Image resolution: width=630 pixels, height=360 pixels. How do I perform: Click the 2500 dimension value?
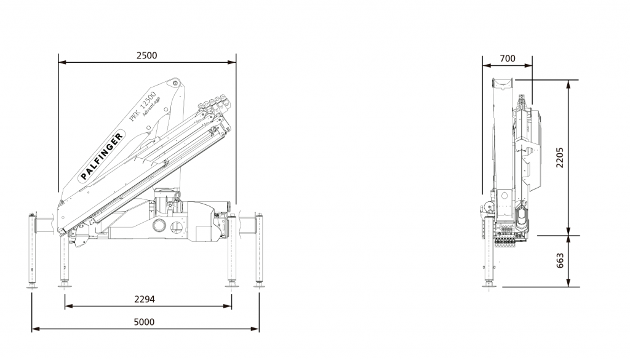tap(146, 55)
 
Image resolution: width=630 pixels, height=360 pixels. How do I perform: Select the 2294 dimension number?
tap(144, 299)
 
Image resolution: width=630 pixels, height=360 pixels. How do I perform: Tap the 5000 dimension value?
tap(144, 322)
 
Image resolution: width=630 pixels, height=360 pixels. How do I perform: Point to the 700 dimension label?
tap(508, 58)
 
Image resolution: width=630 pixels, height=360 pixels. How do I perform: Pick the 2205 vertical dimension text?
tap(560, 158)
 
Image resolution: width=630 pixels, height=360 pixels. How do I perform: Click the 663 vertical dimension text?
tap(560, 260)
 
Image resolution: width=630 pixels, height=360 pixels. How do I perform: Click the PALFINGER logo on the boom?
tap(102, 156)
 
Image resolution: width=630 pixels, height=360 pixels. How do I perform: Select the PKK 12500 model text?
tap(143, 106)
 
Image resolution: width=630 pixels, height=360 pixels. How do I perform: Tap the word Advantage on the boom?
tap(151, 106)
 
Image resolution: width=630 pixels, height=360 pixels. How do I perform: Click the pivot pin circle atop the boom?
tap(175, 83)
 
